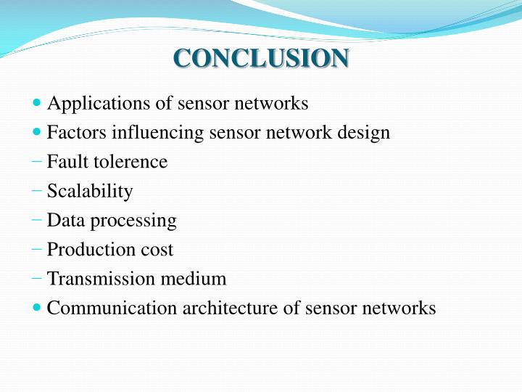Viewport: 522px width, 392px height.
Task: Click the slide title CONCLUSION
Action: point(261,58)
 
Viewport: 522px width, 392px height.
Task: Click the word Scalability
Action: point(90,192)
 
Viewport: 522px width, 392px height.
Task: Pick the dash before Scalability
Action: point(37,191)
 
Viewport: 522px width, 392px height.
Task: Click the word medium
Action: point(191,279)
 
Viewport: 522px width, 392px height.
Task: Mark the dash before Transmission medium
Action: point(37,278)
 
